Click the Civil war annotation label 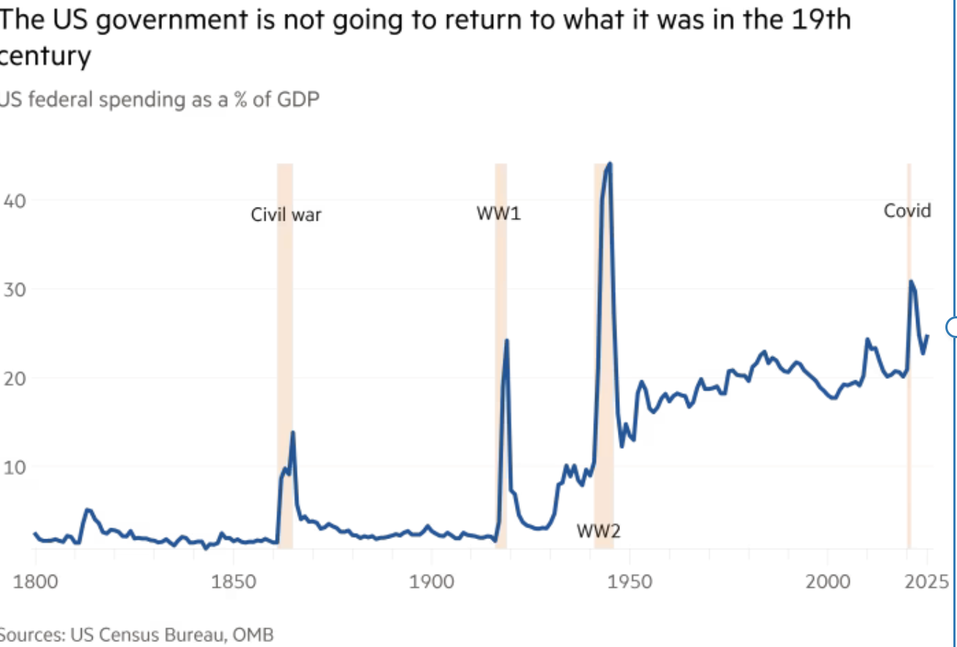[286, 215]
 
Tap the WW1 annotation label [499, 214]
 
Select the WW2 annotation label [598, 531]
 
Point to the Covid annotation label [907, 211]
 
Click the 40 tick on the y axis [15, 200]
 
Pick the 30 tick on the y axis [15, 289]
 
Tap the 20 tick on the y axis [15, 378]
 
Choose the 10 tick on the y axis [15, 467]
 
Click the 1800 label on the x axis [35, 582]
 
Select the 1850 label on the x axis [233, 582]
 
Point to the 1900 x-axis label [431, 582]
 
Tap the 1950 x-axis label [629, 582]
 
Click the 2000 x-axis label [827, 582]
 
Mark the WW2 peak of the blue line [610, 165]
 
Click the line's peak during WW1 [506, 340]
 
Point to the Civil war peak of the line [292, 432]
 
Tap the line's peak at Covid [910, 281]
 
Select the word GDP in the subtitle [298, 98]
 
